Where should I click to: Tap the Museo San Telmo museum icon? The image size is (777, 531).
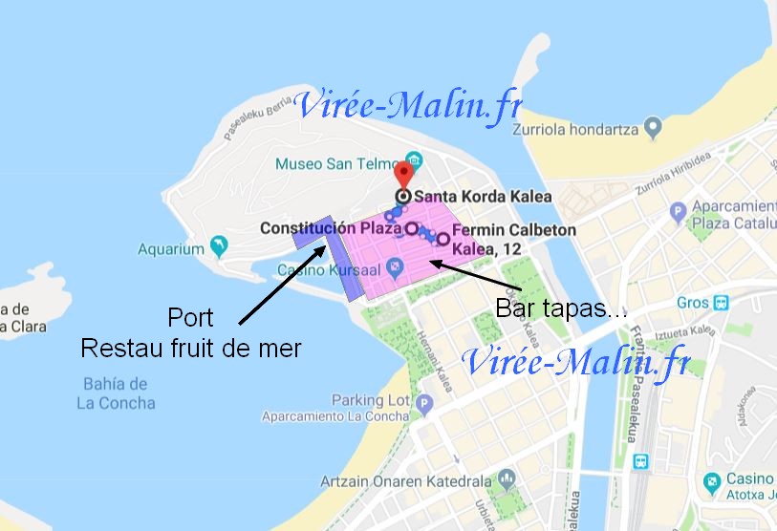pyautogui.click(x=413, y=158)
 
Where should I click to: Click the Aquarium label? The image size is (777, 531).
pyautogui.click(x=171, y=249)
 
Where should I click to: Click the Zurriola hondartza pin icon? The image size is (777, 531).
pyautogui.click(x=653, y=127)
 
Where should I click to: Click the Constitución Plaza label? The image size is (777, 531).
pyautogui.click(x=330, y=229)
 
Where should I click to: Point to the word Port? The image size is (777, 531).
pyautogui.click(x=190, y=317)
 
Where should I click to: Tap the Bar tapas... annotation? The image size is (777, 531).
pyautogui.click(x=561, y=308)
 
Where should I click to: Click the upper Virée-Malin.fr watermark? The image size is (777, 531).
pyautogui.click(x=409, y=107)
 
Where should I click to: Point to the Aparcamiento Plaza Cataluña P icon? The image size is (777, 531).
pyautogui.click(x=680, y=210)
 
